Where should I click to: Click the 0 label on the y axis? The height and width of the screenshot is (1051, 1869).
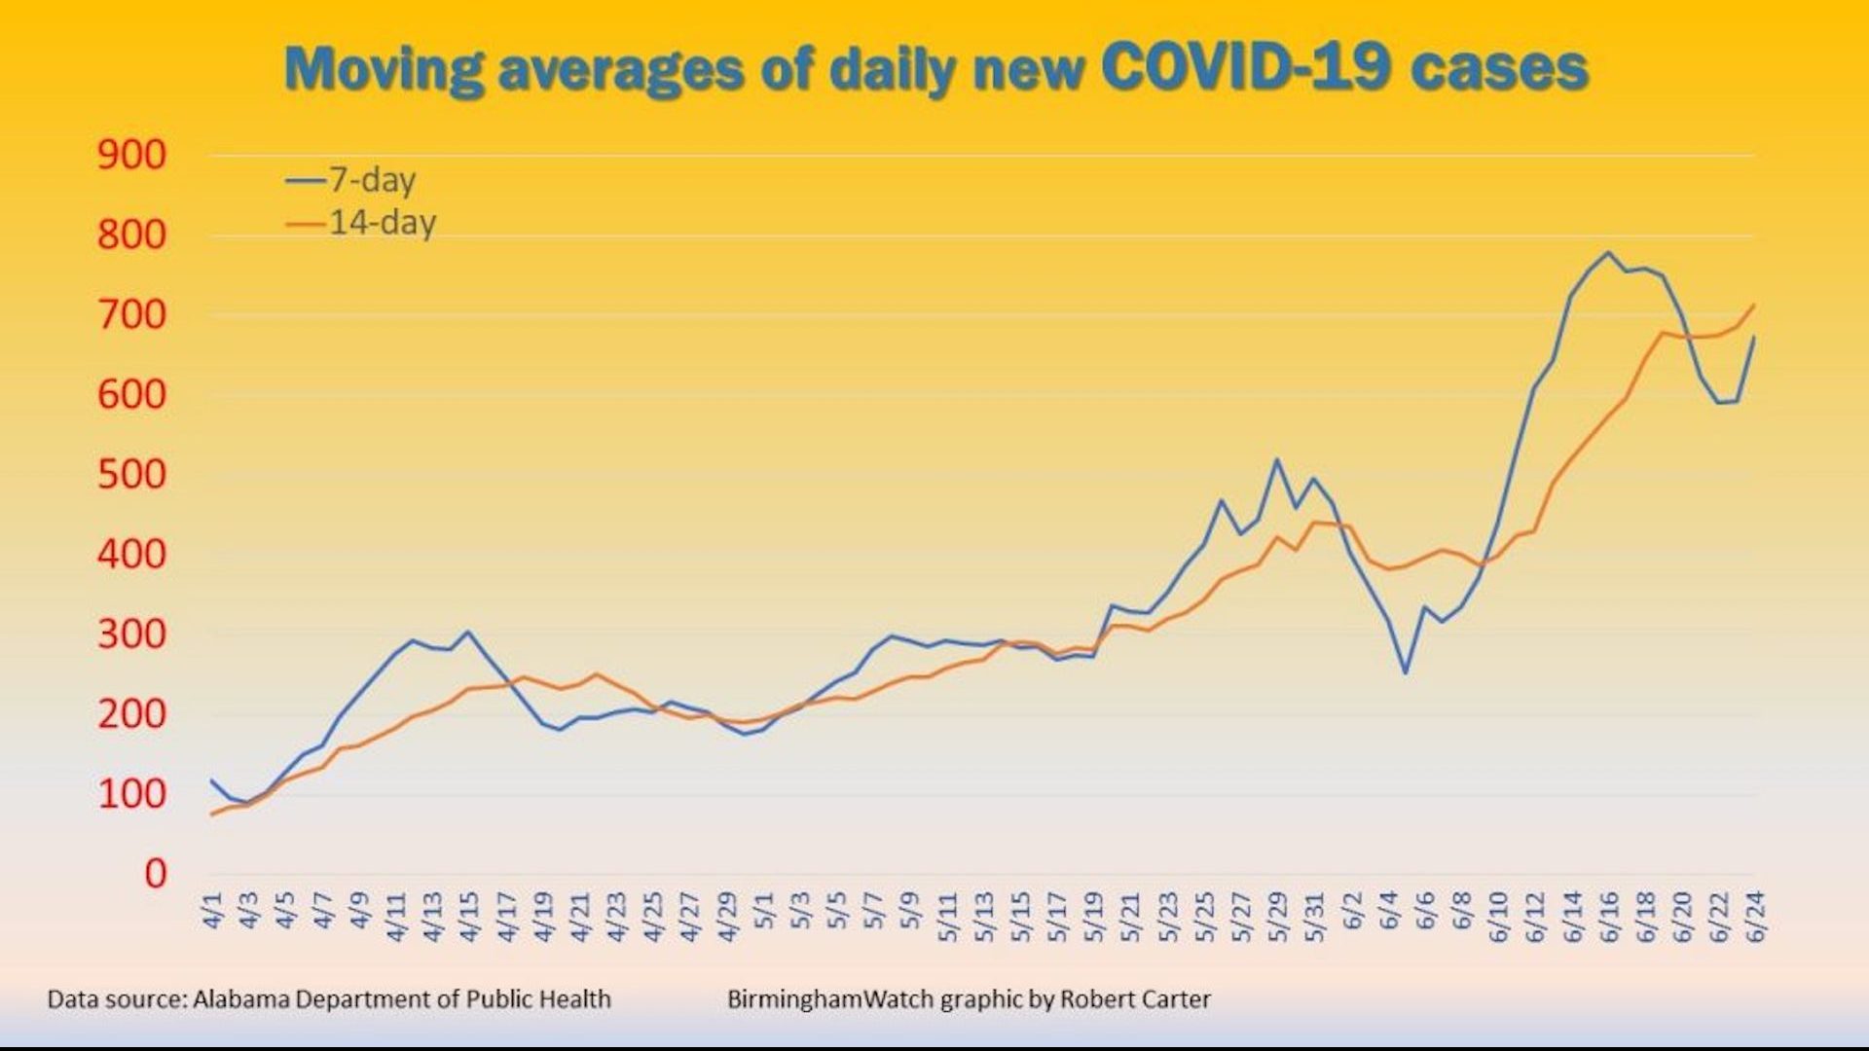point(155,874)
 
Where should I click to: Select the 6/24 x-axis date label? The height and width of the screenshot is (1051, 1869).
point(1756,916)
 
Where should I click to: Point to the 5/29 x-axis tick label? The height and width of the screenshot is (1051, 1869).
point(1278,916)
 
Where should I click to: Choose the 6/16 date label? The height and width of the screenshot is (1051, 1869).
point(1609,916)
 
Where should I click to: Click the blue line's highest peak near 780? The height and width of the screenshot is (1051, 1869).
point(1608,253)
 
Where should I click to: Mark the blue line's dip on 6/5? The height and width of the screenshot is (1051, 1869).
point(1405,672)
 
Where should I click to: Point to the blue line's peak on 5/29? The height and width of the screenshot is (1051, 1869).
point(1277,459)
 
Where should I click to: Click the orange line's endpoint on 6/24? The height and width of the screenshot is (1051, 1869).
point(1754,305)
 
